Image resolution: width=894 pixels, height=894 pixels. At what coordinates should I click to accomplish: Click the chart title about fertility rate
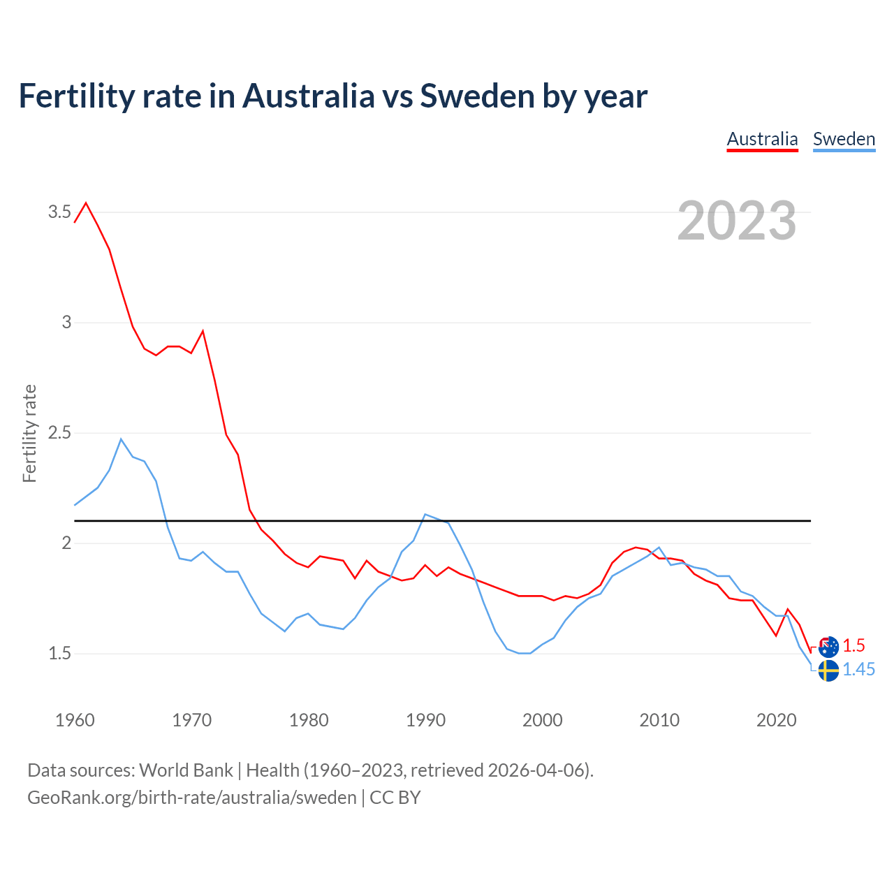click(x=332, y=96)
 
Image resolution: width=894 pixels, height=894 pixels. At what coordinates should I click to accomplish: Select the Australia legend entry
click(x=762, y=139)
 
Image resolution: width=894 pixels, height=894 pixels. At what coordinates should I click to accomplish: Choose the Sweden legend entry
click(x=844, y=139)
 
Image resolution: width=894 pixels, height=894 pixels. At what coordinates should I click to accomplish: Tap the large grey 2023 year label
click(x=737, y=221)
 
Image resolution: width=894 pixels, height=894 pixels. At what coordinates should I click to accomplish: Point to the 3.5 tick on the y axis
click(x=59, y=212)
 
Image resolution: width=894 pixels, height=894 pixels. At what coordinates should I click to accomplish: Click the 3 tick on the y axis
click(x=66, y=323)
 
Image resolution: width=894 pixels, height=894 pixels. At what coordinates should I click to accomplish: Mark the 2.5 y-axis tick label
click(x=59, y=433)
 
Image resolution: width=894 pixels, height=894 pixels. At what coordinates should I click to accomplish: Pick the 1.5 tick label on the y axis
click(x=59, y=654)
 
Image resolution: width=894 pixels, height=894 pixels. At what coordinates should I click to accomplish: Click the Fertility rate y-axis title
click(x=29, y=433)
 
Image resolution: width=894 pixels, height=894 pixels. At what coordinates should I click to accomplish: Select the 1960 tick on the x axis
click(x=75, y=720)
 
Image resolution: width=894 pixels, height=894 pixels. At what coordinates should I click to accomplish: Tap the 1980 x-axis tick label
click(x=309, y=720)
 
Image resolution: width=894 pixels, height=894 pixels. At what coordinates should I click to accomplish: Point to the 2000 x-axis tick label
click(x=542, y=720)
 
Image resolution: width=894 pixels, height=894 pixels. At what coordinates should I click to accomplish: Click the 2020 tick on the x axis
click(x=776, y=720)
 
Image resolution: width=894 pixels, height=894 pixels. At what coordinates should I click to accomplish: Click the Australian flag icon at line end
click(x=828, y=646)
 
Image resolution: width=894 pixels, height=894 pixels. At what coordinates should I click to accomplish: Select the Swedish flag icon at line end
click(x=828, y=670)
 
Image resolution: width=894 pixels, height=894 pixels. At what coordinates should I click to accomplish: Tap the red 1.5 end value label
click(x=853, y=645)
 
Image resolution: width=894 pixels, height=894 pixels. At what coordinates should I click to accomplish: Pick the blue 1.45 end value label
click(x=858, y=670)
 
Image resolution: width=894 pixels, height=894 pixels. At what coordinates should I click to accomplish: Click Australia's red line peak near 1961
click(x=86, y=203)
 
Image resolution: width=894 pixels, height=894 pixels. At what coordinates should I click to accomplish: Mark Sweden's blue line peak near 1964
click(x=121, y=439)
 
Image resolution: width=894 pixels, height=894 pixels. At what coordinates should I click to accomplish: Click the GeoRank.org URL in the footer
click(x=191, y=798)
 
